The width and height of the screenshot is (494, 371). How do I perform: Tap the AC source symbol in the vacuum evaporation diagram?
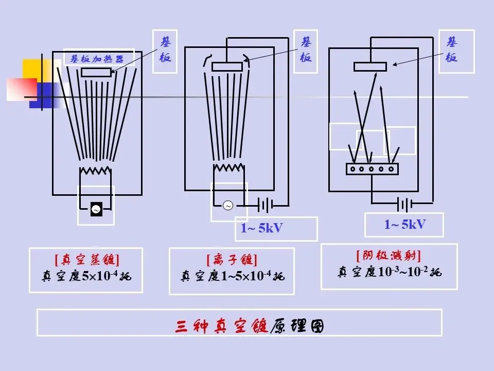coord(96,209)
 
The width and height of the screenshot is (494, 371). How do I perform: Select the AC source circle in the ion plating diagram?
coord(228,206)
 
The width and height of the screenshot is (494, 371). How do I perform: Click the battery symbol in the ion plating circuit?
coord(266,206)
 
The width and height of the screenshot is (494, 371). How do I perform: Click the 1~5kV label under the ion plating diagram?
coord(262,228)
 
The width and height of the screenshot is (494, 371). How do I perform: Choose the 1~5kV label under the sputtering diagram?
coord(405,224)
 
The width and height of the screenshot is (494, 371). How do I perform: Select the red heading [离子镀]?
coord(232,260)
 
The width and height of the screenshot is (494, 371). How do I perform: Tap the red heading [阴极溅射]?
coord(389,256)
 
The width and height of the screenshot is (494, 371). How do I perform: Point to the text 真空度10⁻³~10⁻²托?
coord(390,272)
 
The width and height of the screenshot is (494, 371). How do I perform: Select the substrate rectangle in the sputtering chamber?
coord(370,66)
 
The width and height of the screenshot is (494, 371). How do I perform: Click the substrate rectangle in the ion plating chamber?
coord(227,66)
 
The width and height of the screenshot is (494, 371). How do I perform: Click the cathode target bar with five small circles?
coord(372,168)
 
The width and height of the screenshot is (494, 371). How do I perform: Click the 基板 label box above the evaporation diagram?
coord(165,50)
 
